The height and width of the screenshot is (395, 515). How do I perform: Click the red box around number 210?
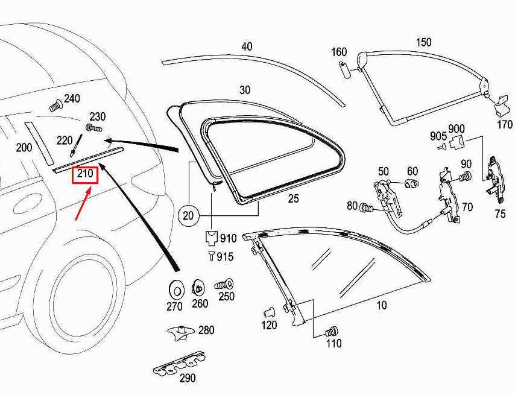85,175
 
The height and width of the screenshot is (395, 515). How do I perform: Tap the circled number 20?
188,216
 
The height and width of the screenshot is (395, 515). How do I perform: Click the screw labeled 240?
55,105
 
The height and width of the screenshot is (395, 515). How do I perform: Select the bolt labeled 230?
93,128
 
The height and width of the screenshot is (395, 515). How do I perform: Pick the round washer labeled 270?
176,291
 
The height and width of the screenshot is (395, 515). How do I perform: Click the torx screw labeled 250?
224,285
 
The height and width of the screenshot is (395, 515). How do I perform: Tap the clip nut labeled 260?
198,288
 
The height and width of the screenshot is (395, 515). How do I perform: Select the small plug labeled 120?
270,312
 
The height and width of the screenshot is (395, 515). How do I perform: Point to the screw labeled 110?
332,332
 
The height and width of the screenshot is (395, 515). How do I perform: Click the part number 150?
423,42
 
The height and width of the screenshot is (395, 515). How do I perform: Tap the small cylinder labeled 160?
344,69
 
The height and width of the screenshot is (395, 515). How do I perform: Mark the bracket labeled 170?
502,105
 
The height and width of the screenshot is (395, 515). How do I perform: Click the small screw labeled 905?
442,147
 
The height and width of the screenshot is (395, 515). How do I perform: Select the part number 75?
500,214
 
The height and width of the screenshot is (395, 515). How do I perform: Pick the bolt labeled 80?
365,207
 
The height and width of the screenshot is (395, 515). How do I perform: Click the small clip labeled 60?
411,183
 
